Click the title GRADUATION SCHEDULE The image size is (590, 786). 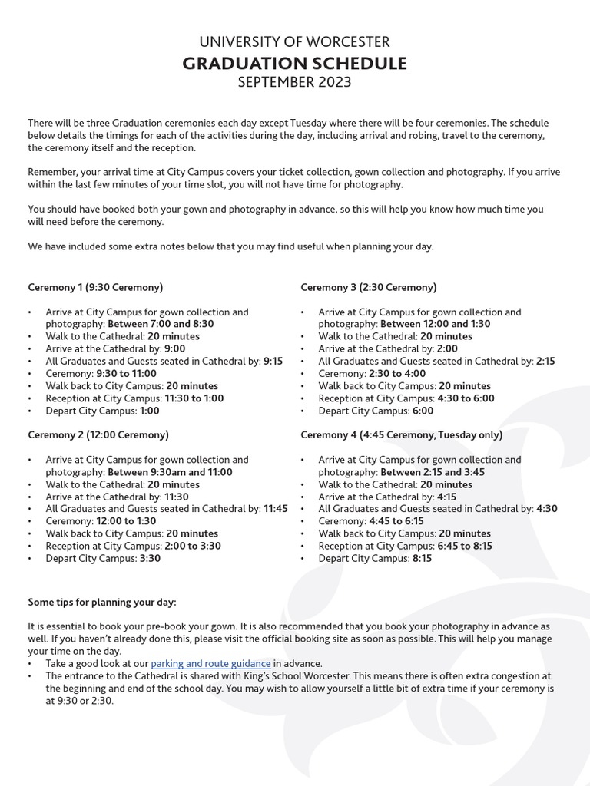[x=295, y=63]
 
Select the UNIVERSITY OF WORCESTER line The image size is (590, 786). [x=295, y=42]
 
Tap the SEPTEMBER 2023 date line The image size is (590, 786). [x=295, y=82]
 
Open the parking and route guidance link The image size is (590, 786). [x=210, y=663]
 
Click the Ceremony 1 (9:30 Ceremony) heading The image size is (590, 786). [x=95, y=287]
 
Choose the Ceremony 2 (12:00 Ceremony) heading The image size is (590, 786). [x=98, y=434]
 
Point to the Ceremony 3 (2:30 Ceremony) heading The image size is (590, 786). [x=368, y=287]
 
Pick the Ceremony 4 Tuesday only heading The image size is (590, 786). [x=401, y=434]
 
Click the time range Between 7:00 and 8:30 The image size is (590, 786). [x=161, y=324]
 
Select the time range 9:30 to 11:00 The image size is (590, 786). [x=127, y=374]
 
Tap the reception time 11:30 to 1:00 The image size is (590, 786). [x=194, y=398]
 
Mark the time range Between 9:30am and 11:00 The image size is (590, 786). [x=170, y=472]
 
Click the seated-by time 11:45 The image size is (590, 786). [x=276, y=509]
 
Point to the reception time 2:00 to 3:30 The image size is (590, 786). [x=193, y=546]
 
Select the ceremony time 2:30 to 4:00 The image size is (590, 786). [x=397, y=374]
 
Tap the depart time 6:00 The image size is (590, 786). [x=423, y=411]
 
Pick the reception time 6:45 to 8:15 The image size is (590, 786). [x=466, y=546]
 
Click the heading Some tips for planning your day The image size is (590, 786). [x=102, y=602]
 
